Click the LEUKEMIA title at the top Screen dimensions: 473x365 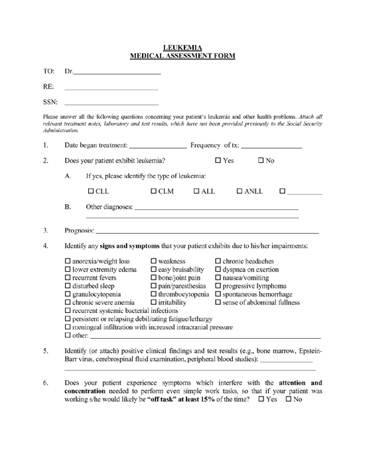click(182, 47)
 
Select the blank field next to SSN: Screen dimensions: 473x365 click(112, 102)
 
